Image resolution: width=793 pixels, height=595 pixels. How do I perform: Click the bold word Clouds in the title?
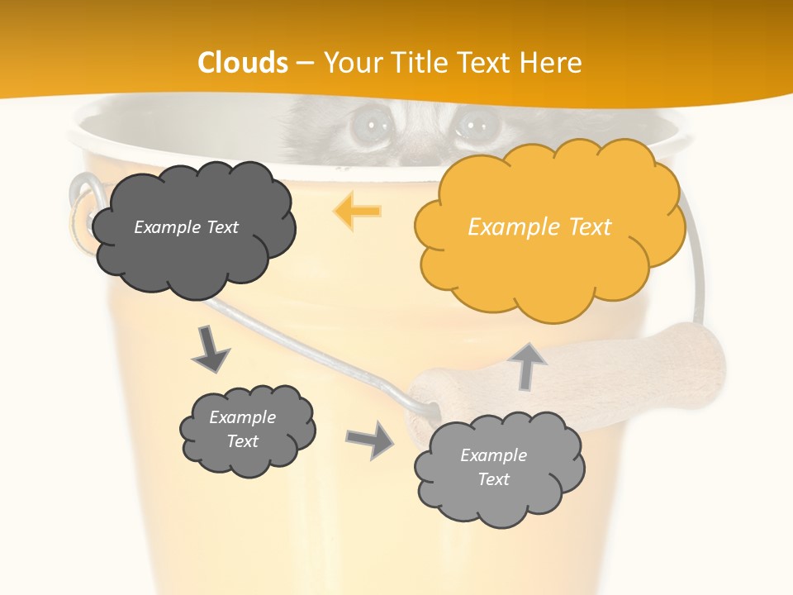pyautogui.click(x=243, y=63)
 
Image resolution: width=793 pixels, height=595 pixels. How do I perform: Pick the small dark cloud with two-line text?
pyautogui.click(x=246, y=430)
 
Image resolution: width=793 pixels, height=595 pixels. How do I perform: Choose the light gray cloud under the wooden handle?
pyautogui.click(x=498, y=469)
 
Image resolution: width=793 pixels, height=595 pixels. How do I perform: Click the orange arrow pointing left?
pyautogui.click(x=358, y=211)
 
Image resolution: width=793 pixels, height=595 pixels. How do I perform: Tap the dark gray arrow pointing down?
pyautogui.click(x=210, y=349)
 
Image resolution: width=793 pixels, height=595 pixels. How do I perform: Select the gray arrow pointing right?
pyautogui.click(x=370, y=440)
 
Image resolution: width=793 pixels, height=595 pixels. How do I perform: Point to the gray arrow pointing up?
pyautogui.click(x=529, y=365)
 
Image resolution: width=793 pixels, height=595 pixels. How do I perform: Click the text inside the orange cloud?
pyautogui.click(x=539, y=227)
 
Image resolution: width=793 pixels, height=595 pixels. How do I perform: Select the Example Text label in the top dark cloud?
pyautogui.click(x=186, y=227)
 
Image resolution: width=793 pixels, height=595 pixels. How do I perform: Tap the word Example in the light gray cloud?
pyautogui.click(x=493, y=455)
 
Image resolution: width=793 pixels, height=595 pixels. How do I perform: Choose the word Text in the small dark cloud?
pyautogui.click(x=242, y=441)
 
